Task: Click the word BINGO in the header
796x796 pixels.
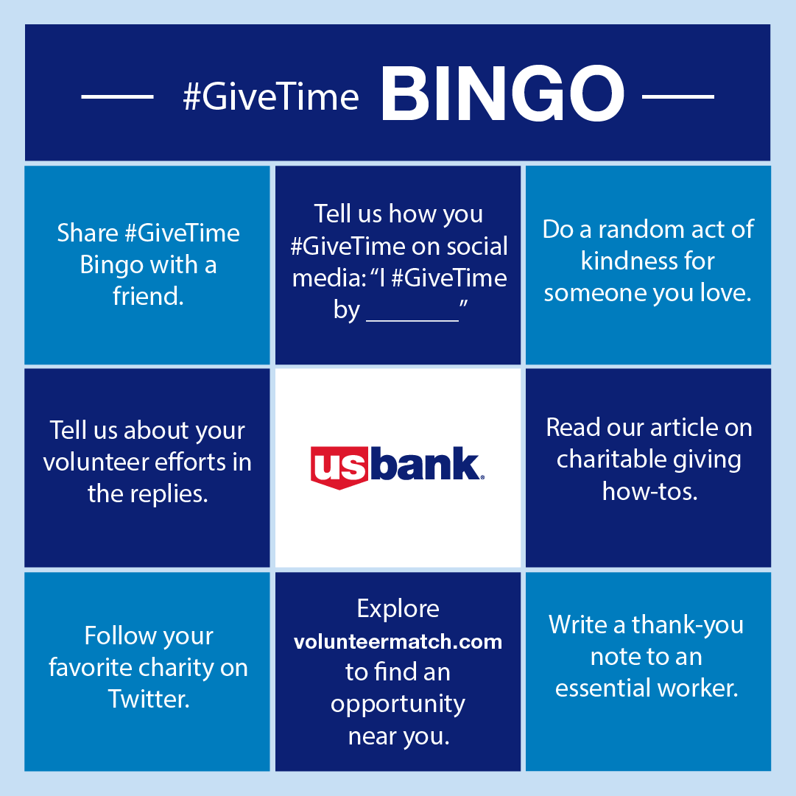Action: [502, 96]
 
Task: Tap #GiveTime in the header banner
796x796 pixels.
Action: [271, 98]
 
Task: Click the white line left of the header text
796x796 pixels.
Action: [116, 96]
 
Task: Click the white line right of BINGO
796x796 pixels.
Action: [678, 96]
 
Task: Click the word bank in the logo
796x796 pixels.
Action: [428, 464]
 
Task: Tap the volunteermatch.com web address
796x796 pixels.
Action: [398, 641]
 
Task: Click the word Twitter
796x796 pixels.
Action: [149, 699]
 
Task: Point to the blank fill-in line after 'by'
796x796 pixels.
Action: [412, 320]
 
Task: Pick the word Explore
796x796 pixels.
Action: [398, 609]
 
